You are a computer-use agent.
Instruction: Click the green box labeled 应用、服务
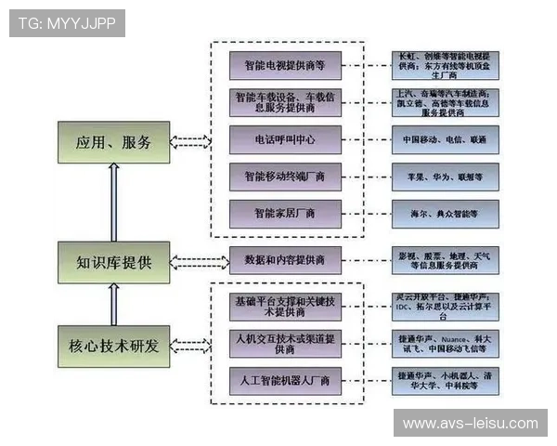click(x=113, y=142)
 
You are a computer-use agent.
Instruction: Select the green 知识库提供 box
click(x=113, y=261)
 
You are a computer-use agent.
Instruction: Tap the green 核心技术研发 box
click(x=113, y=346)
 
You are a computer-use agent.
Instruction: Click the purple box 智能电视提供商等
click(x=285, y=65)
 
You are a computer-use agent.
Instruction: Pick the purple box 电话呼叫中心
click(x=285, y=139)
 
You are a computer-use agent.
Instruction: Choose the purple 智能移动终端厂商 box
click(x=285, y=176)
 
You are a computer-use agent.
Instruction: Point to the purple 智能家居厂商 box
click(x=285, y=214)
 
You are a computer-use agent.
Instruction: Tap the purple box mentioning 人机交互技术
click(x=285, y=341)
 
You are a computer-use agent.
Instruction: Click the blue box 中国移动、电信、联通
click(x=445, y=139)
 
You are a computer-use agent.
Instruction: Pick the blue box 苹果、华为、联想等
click(x=445, y=176)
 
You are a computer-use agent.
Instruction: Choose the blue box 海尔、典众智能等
click(x=445, y=214)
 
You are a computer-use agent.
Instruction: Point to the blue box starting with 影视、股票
click(x=445, y=260)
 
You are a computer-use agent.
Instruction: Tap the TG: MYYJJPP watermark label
click(x=67, y=23)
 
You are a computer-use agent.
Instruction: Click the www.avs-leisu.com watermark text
click(x=470, y=424)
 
